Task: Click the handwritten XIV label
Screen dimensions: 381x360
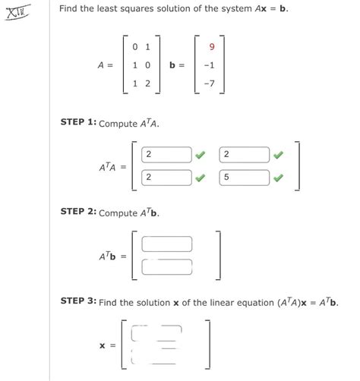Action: pos(17,13)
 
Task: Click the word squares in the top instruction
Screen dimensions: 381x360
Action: pos(133,10)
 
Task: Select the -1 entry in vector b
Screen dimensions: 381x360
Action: pos(208,65)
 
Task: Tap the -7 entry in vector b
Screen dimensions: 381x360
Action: pos(208,83)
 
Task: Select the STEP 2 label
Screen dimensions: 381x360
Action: pos(78,213)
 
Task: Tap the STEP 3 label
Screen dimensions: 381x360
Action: pos(78,302)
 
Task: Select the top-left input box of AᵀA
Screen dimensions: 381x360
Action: pos(166,155)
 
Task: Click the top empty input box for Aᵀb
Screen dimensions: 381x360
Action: pos(166,244)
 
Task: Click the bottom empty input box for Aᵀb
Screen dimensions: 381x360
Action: pos(166,266)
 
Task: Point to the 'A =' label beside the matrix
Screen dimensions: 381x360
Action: pos(106,65)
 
